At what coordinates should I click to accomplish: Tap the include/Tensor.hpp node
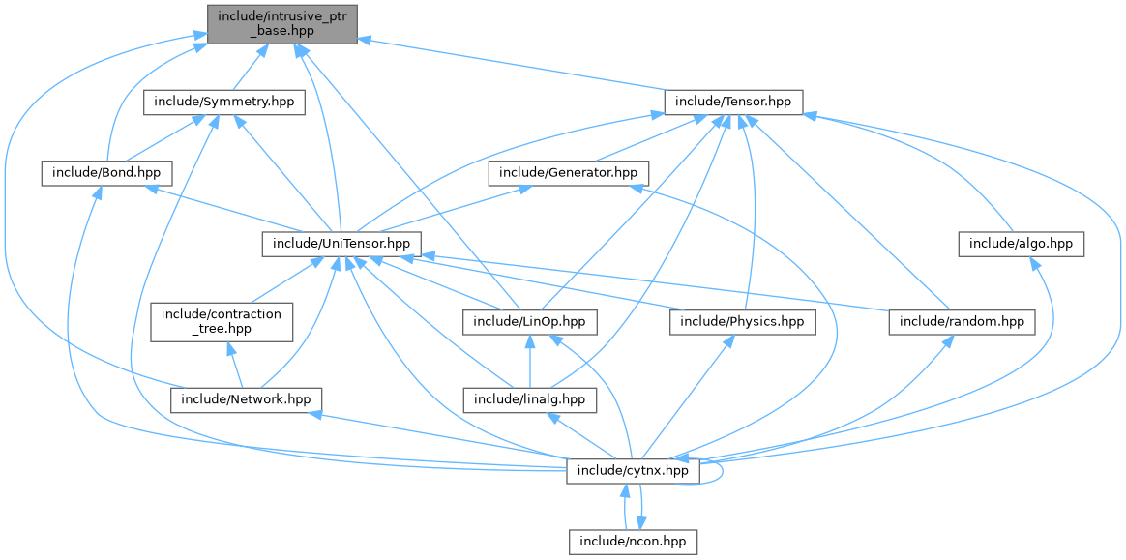pos(732,102)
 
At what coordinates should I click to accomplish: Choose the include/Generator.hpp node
pos(569,173)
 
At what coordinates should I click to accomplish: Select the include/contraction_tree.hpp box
pos(222,321)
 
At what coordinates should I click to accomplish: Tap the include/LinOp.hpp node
pos(530,321)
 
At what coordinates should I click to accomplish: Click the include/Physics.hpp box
pos(742,321)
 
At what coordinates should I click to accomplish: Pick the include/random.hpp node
pos(961,321)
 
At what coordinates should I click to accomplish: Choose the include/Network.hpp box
pos(247,398)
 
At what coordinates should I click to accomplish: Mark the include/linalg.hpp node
pos(530,398)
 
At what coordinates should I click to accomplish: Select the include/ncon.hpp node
pos(633,541)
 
